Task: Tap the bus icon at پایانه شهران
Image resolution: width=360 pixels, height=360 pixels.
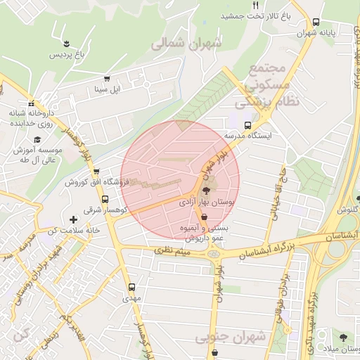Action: coord(316,22)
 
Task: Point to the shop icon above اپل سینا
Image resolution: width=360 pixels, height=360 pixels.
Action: coord(107,79)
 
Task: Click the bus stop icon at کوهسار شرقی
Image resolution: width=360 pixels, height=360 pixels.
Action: coord(105,199)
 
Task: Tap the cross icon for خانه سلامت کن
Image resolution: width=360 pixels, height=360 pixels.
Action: coord(73,220)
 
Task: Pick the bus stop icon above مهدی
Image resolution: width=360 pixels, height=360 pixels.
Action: coord(131,287)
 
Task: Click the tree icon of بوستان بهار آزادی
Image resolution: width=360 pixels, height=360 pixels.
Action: coord(206,190)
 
